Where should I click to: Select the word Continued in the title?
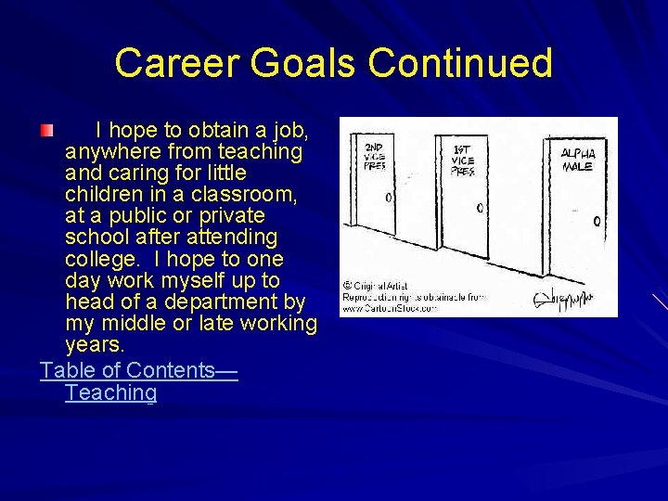460,64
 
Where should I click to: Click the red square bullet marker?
46,128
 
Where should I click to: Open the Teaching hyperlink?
111,392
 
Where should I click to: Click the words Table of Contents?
128,370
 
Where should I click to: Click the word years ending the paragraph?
94,345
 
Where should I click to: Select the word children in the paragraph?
101,195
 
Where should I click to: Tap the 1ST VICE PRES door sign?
463,160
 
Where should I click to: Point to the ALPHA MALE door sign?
578,160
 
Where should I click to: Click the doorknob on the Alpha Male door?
597,221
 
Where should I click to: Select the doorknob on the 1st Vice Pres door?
480,208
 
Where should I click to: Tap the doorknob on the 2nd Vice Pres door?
388,198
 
